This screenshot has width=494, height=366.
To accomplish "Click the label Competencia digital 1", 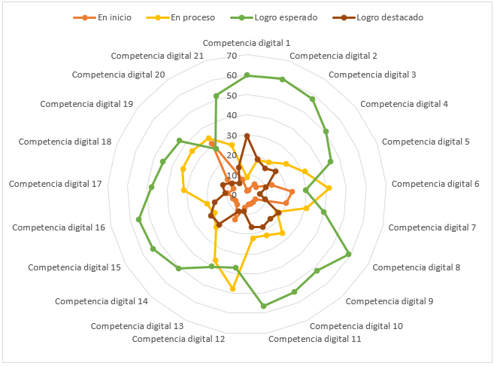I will coord(247,44).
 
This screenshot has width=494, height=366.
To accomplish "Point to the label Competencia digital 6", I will coord(435,184).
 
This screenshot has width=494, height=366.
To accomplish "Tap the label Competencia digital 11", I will coord(314,339).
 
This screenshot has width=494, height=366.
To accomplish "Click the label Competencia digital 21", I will coord(157,56).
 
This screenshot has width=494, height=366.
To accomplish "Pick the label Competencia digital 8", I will coord(417,267).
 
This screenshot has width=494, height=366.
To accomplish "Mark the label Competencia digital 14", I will coord(101,301).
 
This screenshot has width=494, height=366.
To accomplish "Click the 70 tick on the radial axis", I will coord(231,56).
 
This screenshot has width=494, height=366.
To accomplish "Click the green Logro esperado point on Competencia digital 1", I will coord(247,75).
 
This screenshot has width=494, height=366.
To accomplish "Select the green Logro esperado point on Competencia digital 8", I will coord(349,255).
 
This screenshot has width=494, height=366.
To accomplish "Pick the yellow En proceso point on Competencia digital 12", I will coord(232,289).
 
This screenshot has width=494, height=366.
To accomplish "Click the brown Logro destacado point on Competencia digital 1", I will coord(247,136).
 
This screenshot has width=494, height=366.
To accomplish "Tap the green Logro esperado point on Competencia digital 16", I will coord(139,220).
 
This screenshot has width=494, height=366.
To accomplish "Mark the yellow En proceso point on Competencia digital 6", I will coord(329,188).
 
